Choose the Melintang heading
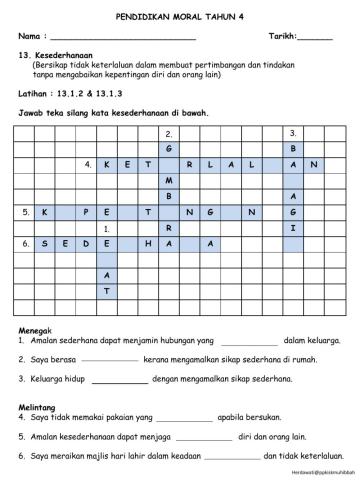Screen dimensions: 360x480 [x=41, y=408]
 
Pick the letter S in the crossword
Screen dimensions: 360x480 [x=42, y=243]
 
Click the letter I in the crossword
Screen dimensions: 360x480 [x=293, y=227]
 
